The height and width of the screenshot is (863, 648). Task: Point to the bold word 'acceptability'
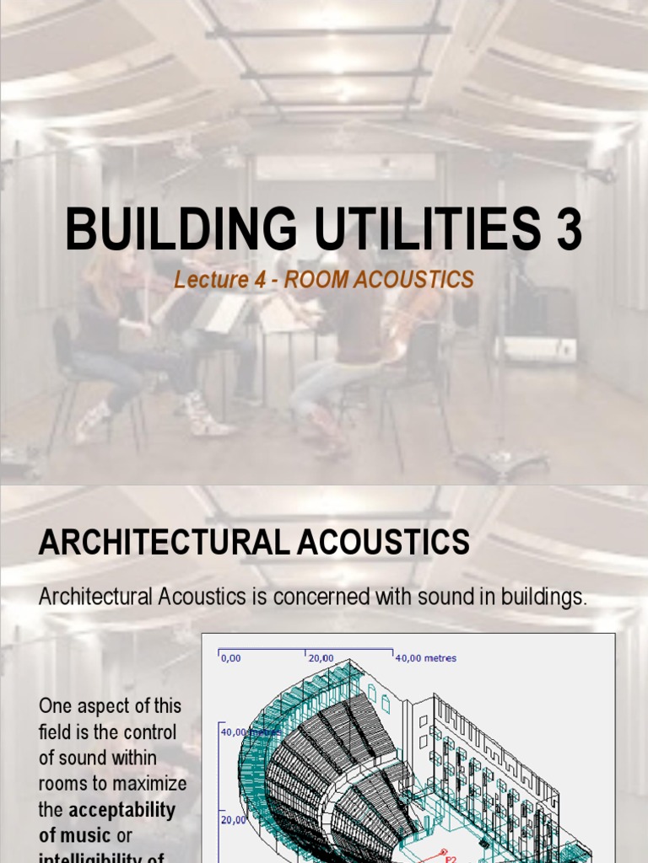point(121,811)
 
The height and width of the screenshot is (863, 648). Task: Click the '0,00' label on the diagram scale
point(231,658)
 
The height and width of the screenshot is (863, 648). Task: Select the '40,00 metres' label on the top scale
point(426,658)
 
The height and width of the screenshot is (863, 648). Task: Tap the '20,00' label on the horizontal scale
point(321,658)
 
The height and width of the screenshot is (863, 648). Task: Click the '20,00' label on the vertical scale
point(233,819)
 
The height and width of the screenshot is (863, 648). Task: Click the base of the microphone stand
point(502,459)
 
